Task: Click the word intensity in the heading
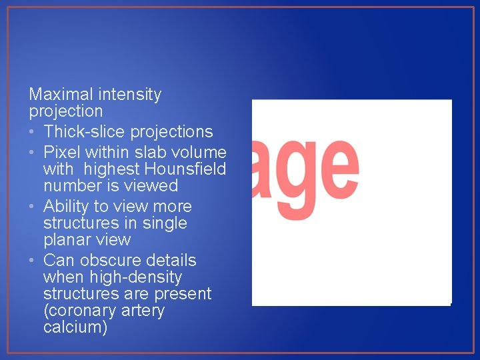pos(129,95)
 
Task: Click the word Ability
pos(68,207)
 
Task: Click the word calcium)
pos(75,327)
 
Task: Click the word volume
pos(199,153)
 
